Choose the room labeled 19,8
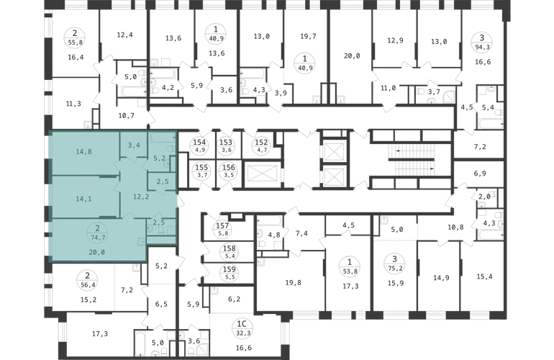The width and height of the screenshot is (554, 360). point(294,282)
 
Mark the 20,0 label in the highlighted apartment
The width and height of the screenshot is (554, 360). point(96,252)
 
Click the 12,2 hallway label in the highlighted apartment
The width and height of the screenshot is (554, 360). point(141,197)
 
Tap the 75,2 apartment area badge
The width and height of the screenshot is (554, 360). point(395,268)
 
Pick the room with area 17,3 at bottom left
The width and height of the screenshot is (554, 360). point(100,333)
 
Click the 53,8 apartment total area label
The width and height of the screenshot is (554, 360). point(350,271)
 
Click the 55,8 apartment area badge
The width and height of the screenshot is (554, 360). point(75,42)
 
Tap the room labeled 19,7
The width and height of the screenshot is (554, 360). point(308,37)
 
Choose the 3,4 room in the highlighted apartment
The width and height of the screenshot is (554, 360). point(134,145)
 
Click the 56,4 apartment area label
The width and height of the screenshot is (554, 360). point(87,284)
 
